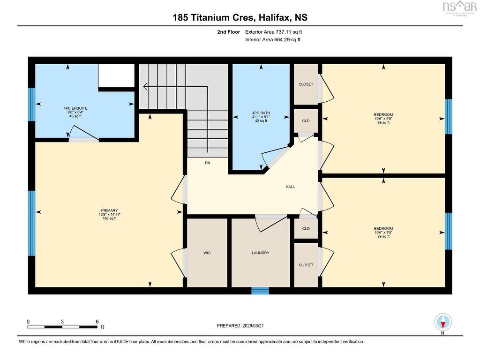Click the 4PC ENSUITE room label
pyautogui.click(x=75, y=108)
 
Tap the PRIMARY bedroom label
pyautogui.click(x=109, y=210)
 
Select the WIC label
pyautogui.click(x=207, y=253)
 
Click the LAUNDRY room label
pyautogui.click(x=261, y=253)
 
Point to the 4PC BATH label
pyautogui.click(x=261, y=113)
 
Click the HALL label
pyautogui.click(x=290, y=187)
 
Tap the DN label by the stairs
pyautogui.click(x=208, y=163)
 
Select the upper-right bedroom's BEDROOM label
pyautogui.click(x=383, y=115)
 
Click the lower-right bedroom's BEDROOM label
pyautogui.click(x=383, y=228)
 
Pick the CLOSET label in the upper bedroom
pyautogui.click(x=306, y=84)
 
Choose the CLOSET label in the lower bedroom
pyautogui.click(x=306, y=265)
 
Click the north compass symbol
pyautogui.click(x=443, y=322)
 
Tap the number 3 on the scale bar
pyautogui.click(x=62, y=322)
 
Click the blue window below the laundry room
pyautogui.click(x=260, y=291)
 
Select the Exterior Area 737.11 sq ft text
pyautogui.click(x=274, y=32)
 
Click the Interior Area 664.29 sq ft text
pyautogui.click(x=273, y=39)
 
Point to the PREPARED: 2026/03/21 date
pyautogui.click(x=240, y=326)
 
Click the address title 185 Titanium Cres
pyautogui.click(x=214, y=17)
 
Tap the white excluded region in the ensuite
pyautogui.click(x=116, y=75)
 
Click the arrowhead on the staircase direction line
pyautogui.click(x=145, y=87)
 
